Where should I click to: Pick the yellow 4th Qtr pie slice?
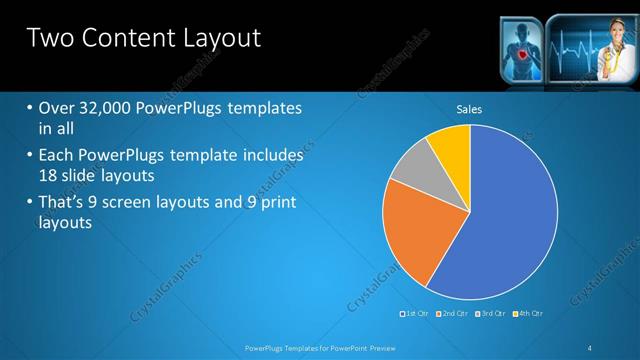click(x=451, y=145)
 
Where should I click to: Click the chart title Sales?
click(x=470, y=108)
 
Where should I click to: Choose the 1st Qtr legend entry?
click(x=417, y=315)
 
